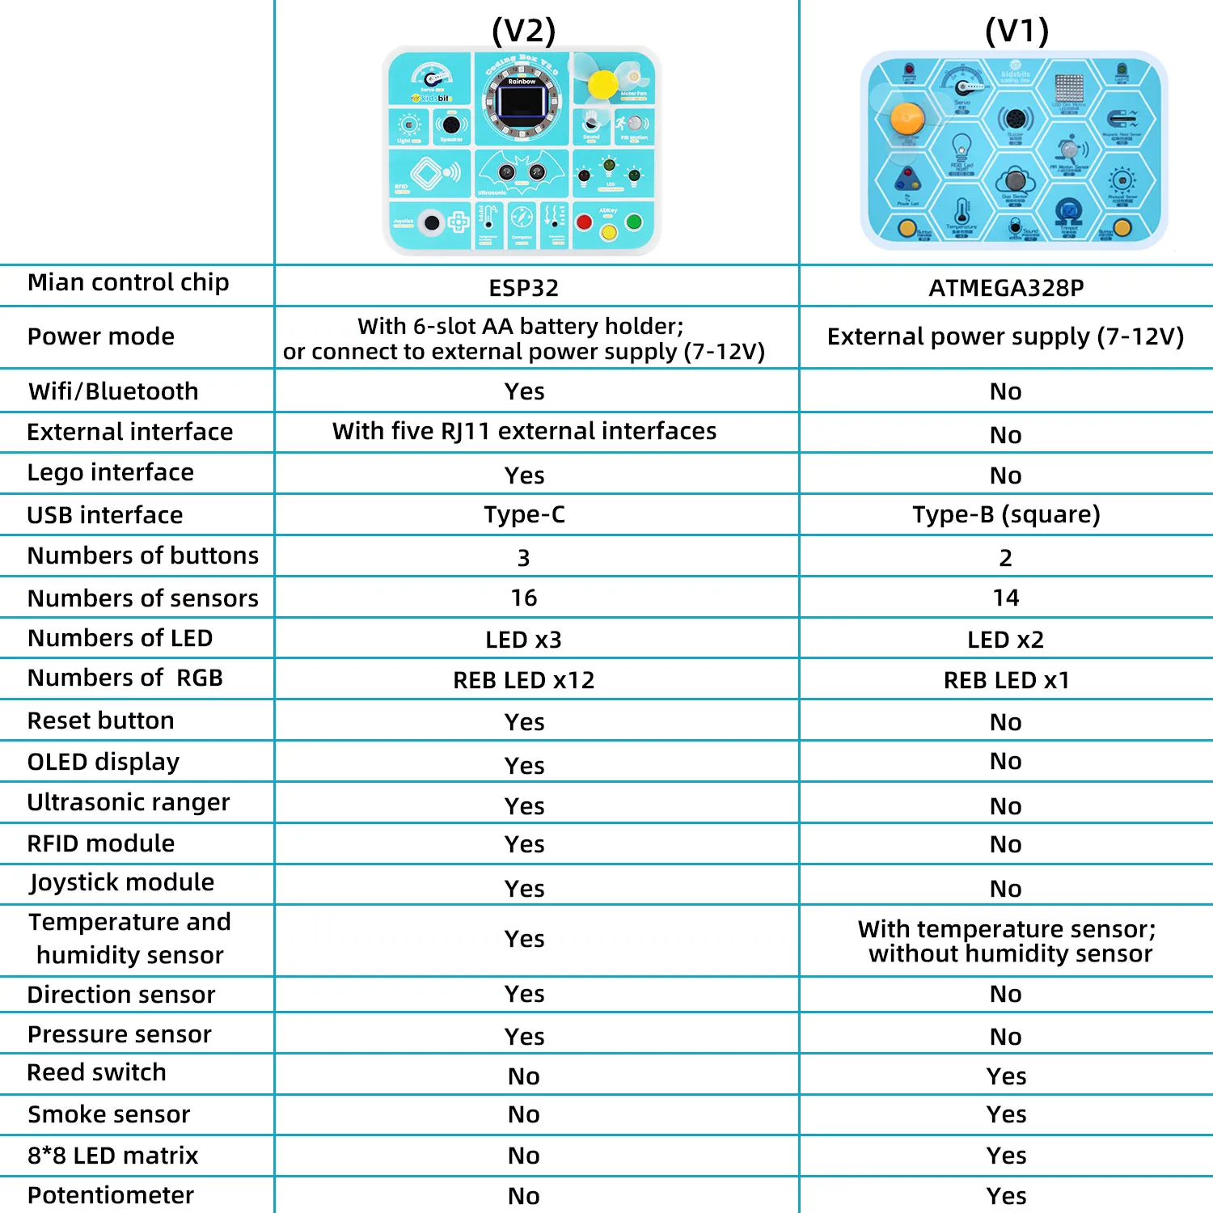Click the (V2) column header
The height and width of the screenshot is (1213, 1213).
click(x=524, y=31)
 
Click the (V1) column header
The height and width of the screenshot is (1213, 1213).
click(x=1016, y=31)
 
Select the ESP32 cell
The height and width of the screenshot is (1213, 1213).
click(x=524, y=288)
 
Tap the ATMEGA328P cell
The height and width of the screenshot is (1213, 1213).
click(x=1006, y=288)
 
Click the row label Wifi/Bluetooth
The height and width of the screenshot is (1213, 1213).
click(x=113, y=391)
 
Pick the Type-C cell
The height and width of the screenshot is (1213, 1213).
click(x=524, y=514)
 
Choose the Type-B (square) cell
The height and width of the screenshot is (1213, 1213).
click(x=1006, y=514)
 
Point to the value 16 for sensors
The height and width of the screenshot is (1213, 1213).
click(x=524, y=598)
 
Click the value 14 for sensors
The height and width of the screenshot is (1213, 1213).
click(x=1006, y=598)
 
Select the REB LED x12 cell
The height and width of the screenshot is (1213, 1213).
click(x=524, y=680)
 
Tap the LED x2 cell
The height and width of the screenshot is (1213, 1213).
click(x=1006, y=640)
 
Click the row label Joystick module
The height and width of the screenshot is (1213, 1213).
click(x=122, y=882)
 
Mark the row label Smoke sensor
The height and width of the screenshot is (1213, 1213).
click(x=109, y=1114)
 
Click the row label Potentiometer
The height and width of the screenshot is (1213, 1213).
click(x=111, y=1195)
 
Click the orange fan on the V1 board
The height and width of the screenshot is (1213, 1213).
click(x=907, y=119)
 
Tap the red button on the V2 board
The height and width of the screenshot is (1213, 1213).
click(x=584, y=222)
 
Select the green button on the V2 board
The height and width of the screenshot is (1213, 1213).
click(x=634, y=222)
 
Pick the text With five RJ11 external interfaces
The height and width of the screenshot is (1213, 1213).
click(x=524, y=431)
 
